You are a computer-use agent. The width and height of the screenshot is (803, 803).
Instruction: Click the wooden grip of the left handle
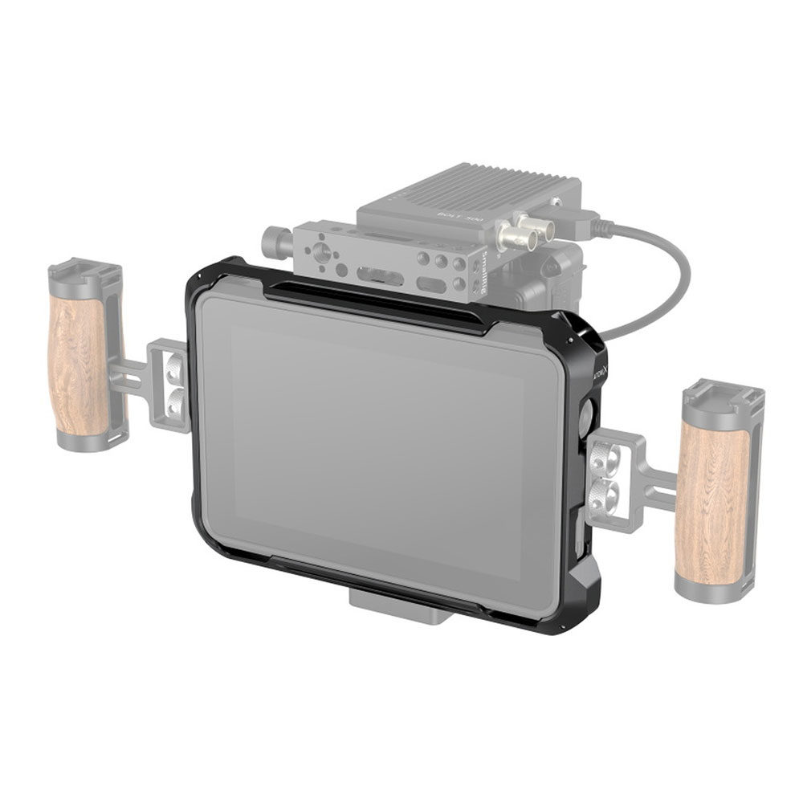78,365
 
